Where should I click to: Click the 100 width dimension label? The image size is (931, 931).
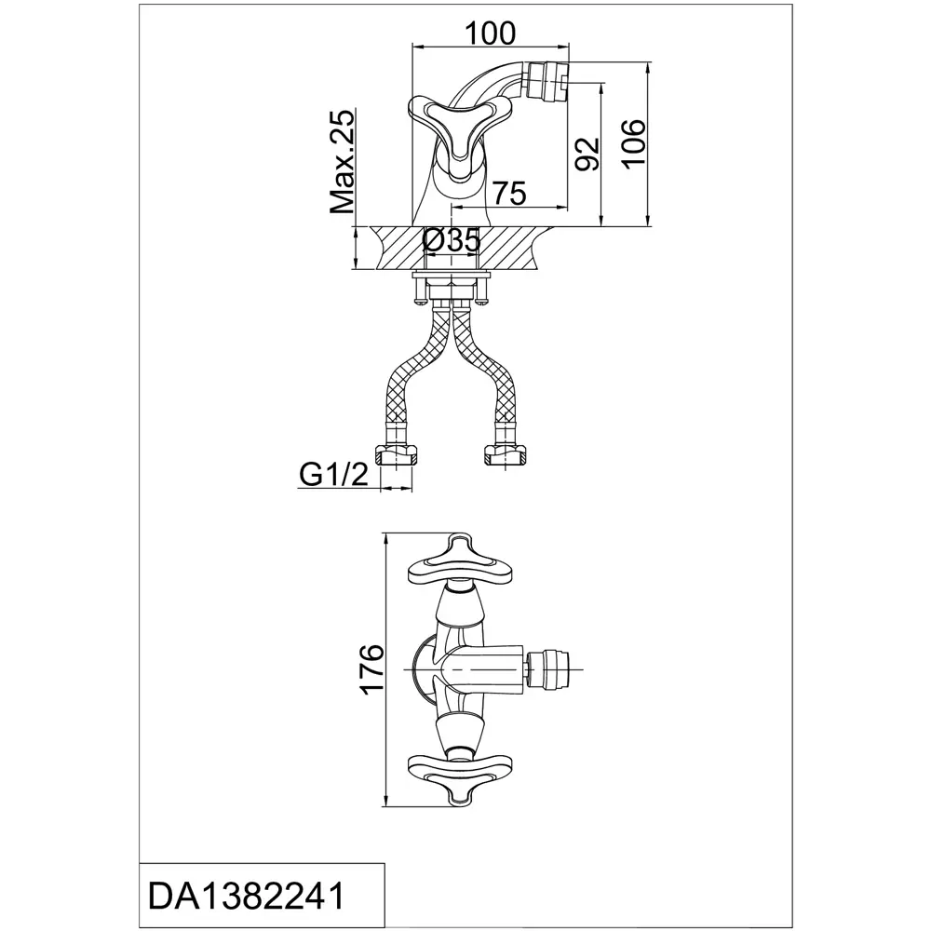[490, 34]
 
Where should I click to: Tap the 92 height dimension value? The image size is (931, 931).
[587, 154]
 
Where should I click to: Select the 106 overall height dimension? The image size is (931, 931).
[633, 143]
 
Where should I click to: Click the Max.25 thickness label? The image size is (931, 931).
[342, 161]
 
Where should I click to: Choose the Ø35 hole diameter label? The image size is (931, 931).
[452, 240]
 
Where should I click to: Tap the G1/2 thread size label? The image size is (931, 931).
[333, 475]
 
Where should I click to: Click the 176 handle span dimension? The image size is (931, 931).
[372, 668]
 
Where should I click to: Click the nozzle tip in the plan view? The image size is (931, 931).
[550, 669]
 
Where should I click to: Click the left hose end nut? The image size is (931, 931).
[396, 456]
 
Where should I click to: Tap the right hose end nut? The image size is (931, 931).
[506, 456]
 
